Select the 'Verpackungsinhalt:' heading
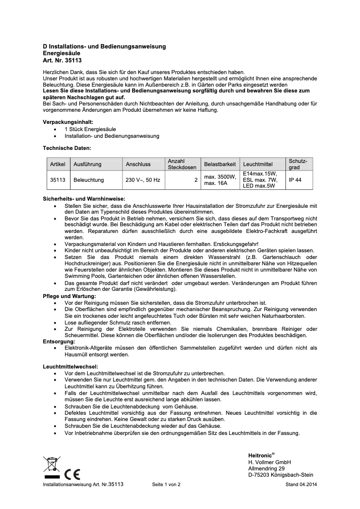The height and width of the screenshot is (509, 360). coord(68,122)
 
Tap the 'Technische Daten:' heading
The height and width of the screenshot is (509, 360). coord(67,148)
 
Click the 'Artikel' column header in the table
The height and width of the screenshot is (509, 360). coord(58,164)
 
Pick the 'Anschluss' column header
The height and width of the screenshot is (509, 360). coord(138,164)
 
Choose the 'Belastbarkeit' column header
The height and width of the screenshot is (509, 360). coord(220,164)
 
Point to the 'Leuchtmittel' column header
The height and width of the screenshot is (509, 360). coord(258,164)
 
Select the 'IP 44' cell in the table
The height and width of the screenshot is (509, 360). coord(295,180)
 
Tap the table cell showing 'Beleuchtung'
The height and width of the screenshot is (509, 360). coord(88,180)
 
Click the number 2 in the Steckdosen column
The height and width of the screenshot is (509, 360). coord(196,180)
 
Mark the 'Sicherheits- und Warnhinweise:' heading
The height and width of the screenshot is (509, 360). coord(84,199)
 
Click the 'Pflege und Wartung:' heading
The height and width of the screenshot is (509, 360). coord(69,296)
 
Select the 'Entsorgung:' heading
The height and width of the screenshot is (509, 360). coord(58,341)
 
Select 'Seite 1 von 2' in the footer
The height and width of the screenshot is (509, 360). coord(166,485)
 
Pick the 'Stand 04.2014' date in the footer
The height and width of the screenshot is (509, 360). coord(301,485)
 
